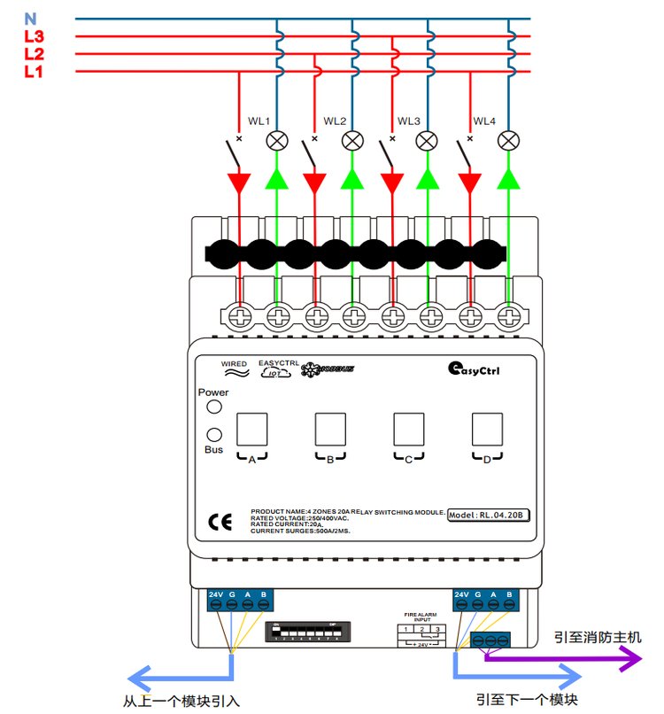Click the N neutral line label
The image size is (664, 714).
[x=31, y=18]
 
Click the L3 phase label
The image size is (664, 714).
[x=34, y=37]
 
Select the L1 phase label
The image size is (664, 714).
[x=34, y=72]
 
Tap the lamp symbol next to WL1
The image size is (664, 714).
[x=277, y=139]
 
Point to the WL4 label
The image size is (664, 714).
[x=485, y=120]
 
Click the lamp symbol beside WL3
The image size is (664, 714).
[x=428, y=139]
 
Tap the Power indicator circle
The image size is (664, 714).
[x=213, y=407]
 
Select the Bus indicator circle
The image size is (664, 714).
[x=213, y=435]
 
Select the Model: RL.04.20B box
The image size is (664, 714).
[x=488, y=515]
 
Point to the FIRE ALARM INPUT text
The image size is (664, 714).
[x=421, y=616]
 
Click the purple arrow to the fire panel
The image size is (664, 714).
[x=567, y=657]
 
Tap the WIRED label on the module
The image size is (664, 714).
[x=234, y=364]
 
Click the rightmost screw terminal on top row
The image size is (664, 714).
[x=508, y=314]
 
